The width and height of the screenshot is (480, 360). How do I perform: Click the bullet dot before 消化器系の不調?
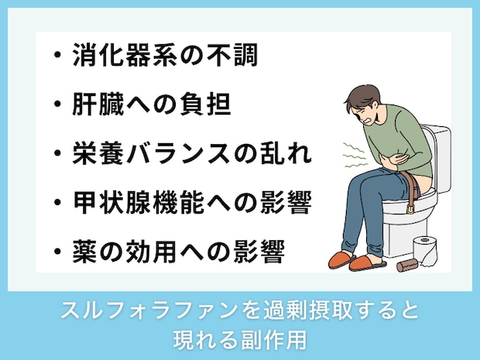pyautogui.click(x=58, y=57)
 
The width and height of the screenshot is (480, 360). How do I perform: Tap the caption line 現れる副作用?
pyautogui.click(x=240, y=338)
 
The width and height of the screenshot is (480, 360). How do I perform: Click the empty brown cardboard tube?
pyautogui.click(x=406, y=265)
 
